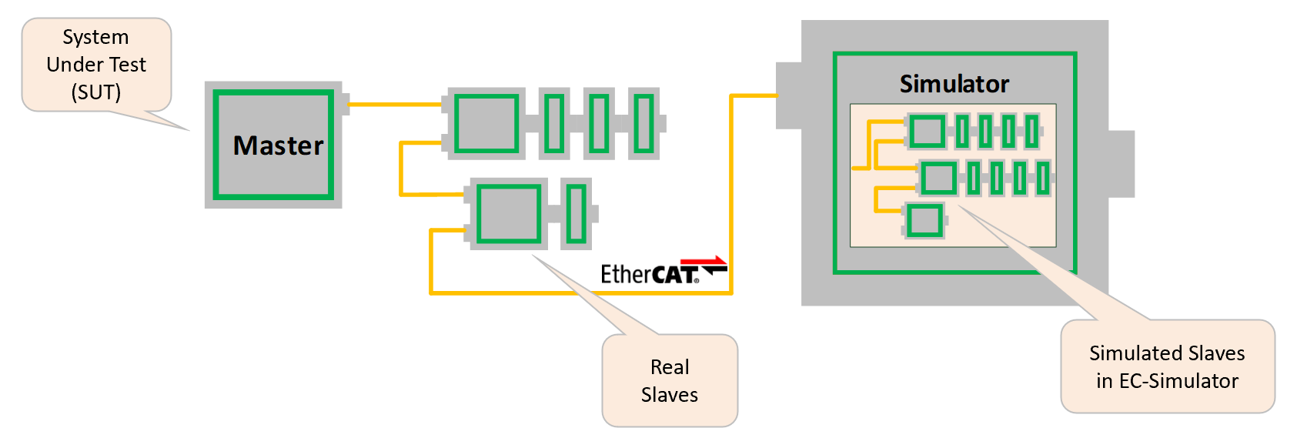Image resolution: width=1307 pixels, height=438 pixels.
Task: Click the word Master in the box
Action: [278, 145]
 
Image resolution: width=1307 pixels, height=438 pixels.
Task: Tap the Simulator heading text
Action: [954, 84]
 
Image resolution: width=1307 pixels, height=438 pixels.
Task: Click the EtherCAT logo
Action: [650, 274]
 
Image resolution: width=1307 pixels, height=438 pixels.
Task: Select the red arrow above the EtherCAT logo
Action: [704, 262]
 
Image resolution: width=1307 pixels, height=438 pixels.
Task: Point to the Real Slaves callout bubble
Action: [670, 380]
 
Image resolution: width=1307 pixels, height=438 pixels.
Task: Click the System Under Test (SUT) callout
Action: [96, 65]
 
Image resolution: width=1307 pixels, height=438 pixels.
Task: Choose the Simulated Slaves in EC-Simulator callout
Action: [1167, 366]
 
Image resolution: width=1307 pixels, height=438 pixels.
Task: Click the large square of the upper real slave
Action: [486, 123]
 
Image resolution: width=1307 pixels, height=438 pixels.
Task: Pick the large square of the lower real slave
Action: [509, 213]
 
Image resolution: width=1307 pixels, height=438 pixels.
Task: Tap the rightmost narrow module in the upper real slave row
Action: [644, 123]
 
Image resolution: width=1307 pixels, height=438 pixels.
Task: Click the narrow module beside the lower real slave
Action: [576, 213]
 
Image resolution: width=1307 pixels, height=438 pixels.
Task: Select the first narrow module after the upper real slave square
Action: [554, 123]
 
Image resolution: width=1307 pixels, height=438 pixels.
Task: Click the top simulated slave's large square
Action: [928, 131]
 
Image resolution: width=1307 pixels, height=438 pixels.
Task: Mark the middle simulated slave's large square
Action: [939, 179]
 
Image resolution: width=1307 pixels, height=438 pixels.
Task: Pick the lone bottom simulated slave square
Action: [924, 221]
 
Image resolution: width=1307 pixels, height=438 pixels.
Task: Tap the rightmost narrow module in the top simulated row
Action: [1031, 131]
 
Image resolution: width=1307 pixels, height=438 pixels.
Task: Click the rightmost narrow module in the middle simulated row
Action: [1043, 179]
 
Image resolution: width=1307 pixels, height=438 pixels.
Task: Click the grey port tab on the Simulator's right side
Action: [1121, 164]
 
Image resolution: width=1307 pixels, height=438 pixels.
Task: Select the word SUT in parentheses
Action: [96, 92]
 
